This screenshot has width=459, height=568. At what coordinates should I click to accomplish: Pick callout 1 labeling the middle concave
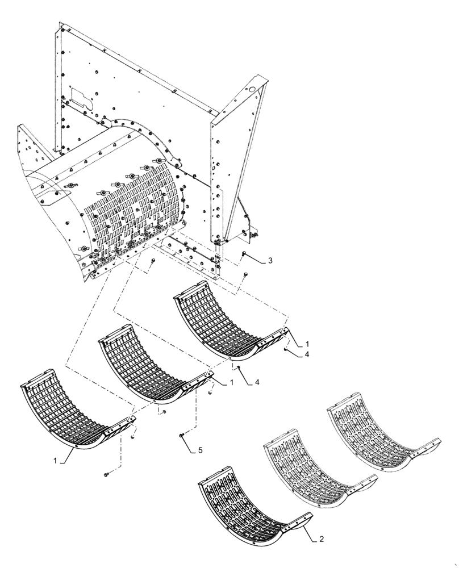pyautogui.click(x=232, y=384)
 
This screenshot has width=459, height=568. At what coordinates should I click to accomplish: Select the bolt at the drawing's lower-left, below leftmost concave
pyautogui.click(x=106, y=474)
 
